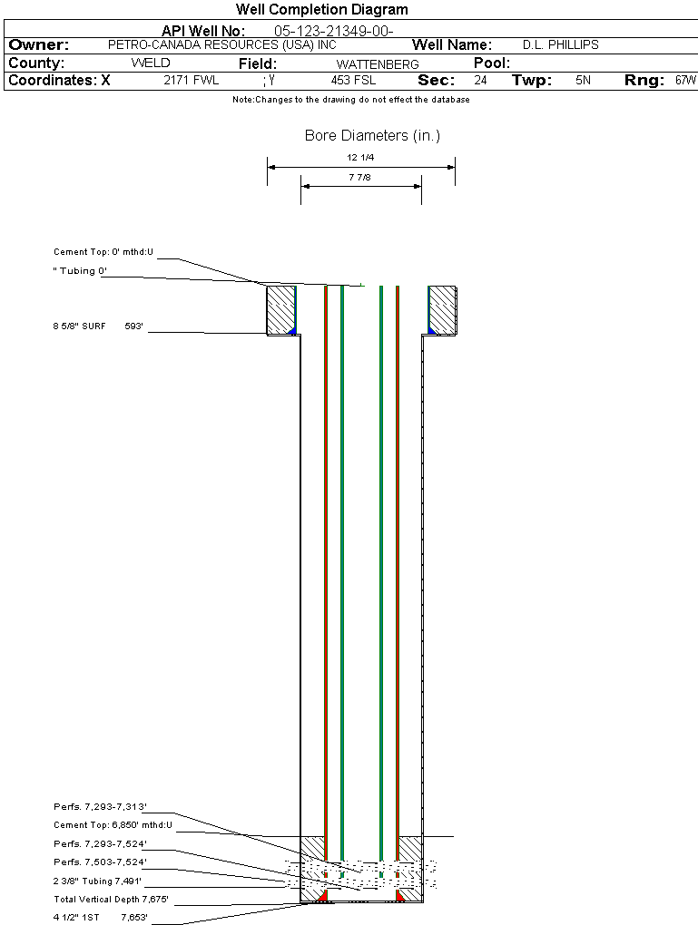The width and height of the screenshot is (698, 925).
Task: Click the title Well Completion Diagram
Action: [321, 10]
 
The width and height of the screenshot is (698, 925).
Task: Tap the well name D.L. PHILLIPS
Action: [561, 44]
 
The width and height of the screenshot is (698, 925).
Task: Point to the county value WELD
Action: [151, 63]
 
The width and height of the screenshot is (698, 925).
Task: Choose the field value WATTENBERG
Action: [378, 64]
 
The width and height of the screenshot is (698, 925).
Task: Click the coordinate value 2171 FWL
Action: [191, 81]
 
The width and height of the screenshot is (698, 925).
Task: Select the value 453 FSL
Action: [353, 81]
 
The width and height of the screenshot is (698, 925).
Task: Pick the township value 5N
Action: [583, 81]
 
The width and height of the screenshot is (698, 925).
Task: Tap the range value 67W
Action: [685, 81]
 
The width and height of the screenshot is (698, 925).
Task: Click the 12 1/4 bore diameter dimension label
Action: [360, 158]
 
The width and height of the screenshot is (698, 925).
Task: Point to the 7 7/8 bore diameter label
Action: [360, 178]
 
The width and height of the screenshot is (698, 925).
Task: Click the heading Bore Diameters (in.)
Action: [372, 136]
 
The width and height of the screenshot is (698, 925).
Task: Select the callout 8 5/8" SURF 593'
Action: [98, 325]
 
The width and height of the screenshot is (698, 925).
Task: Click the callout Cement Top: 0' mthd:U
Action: [103, 251]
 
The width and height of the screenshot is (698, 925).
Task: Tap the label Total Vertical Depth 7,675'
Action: [111, 900]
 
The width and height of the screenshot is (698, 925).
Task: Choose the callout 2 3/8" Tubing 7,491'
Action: [97, 881]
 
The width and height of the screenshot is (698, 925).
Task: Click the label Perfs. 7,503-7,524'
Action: [100, 862]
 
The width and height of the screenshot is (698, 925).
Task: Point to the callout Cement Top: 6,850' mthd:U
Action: [113, 824]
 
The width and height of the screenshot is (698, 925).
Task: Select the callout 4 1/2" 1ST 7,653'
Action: [100, 918]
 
